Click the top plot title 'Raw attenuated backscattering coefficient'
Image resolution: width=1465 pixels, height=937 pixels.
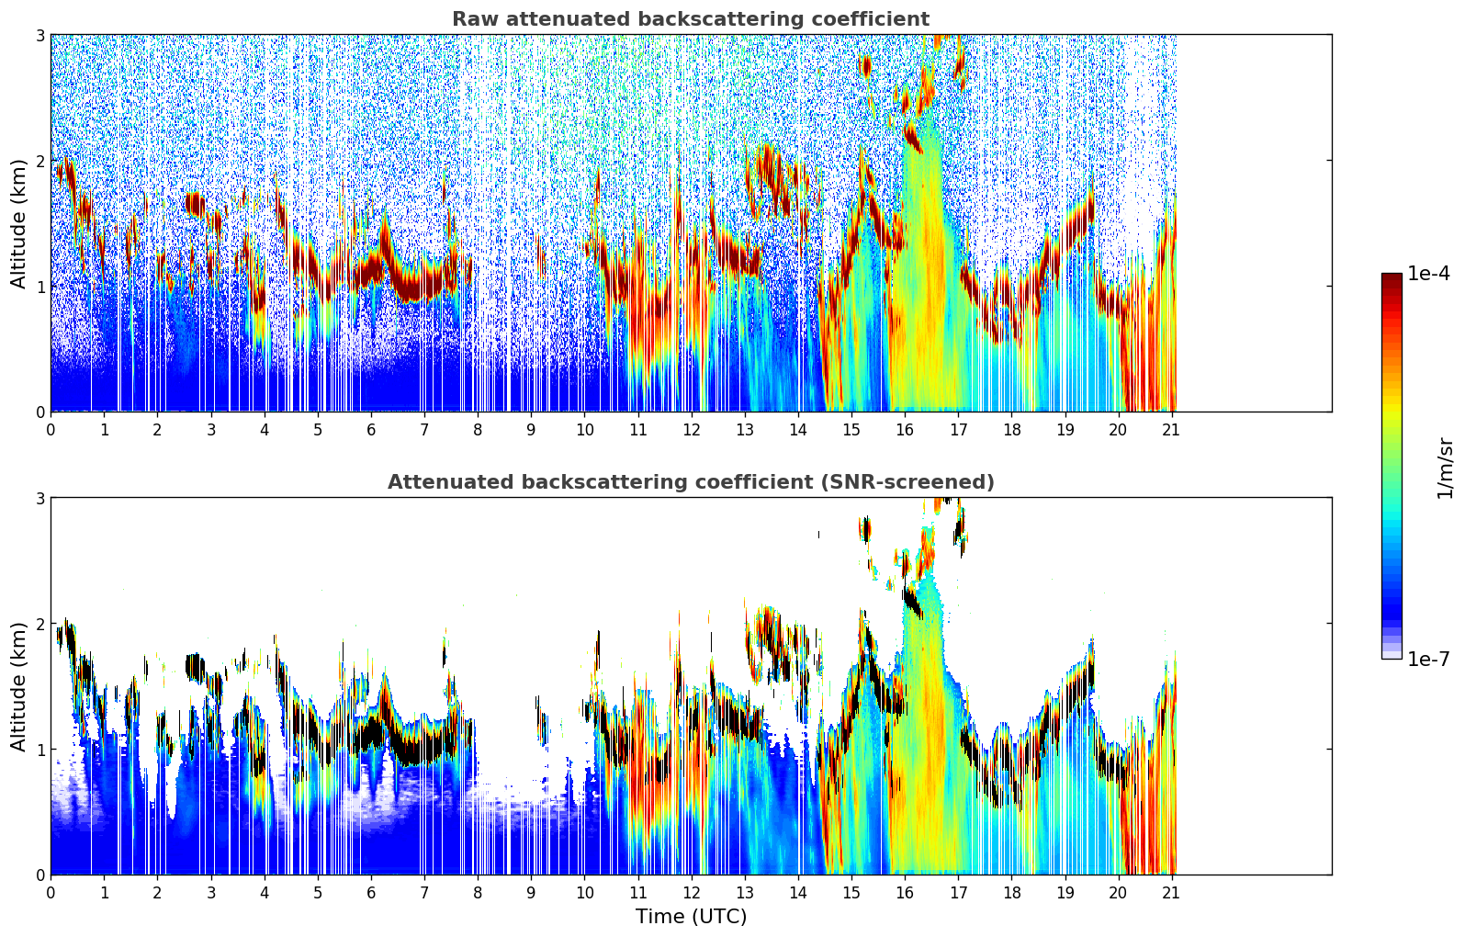690,19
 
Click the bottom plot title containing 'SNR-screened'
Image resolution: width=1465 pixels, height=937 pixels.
690,482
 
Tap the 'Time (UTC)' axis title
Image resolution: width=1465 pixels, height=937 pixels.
691,917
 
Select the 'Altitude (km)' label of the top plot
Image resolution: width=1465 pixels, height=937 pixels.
19,223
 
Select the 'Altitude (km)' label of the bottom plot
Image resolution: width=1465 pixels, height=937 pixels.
19,686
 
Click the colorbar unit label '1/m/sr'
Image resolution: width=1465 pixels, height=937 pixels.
1445,468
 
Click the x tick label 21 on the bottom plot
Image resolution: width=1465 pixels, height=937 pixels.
1171,893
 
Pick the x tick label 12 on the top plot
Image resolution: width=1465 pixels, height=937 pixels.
691,430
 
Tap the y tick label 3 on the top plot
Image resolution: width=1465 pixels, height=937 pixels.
40,35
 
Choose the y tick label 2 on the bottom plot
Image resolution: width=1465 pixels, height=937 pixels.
40,624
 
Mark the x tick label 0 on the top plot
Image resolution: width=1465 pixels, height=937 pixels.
51,430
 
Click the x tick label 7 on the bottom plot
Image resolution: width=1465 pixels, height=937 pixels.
424,893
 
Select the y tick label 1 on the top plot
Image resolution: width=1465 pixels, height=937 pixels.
40,287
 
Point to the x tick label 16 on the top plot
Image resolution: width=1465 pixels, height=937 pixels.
905,430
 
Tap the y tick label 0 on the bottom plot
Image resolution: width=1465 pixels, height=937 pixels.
40,875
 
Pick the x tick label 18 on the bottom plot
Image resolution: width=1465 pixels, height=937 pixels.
1011,893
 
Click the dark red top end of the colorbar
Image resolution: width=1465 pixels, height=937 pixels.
1391,277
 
